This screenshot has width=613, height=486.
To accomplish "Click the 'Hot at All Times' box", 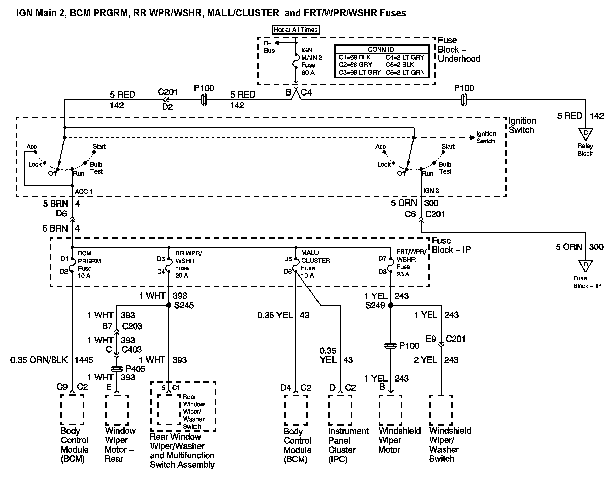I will click(296, 30).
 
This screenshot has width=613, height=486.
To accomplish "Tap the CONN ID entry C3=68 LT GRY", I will click(360, 72).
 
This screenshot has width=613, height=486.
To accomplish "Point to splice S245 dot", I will click(169, 305).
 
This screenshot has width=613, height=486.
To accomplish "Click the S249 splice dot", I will click(391, 305).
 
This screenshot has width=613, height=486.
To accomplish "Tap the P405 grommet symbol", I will click(117, 369).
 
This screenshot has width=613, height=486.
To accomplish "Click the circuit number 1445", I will click(84, 360).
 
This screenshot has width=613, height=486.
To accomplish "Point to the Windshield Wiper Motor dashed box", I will click(391, 410).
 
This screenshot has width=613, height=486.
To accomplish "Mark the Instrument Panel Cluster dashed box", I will click(340, 410).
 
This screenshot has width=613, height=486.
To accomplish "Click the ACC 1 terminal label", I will click(83, 192).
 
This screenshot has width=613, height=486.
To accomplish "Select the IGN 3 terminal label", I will click(431, 191).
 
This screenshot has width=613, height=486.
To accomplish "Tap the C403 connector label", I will click(132, 349).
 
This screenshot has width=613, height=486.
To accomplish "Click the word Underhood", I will click(459, 59).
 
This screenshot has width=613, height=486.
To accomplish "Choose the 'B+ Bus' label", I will click(269, 47).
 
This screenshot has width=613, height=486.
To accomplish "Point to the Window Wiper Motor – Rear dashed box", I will click(117, 410).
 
